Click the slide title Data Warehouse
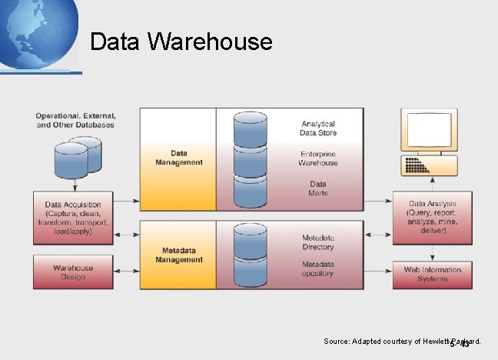point(181,42)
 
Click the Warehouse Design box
point(73,272)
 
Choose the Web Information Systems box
point(432,274)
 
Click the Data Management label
point(179,158)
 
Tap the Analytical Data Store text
point(318,128)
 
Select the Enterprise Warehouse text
point(318,158)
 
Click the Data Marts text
point(318,188)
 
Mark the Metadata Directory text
point(318,242)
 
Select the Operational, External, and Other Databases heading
point(75,120)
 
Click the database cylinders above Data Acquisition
point(77,157)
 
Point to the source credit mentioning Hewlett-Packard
point(401,341)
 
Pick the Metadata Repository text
point(318,268)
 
